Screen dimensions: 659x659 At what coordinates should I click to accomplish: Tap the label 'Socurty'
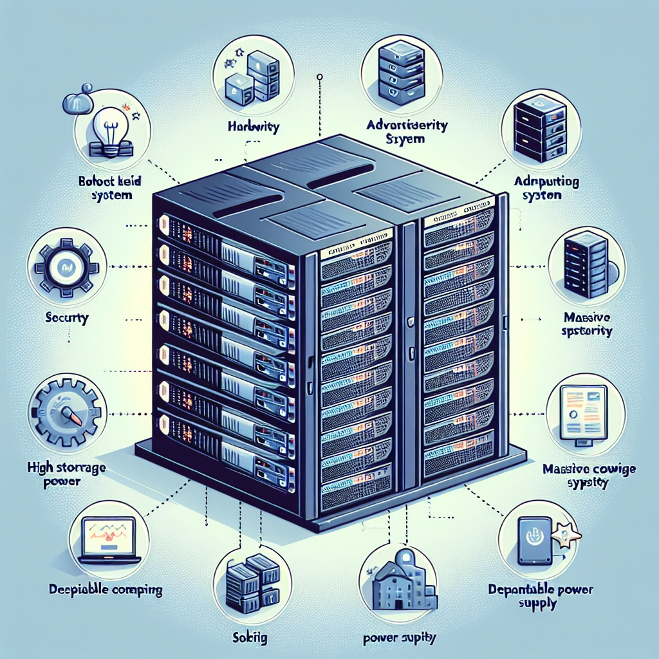68,317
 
